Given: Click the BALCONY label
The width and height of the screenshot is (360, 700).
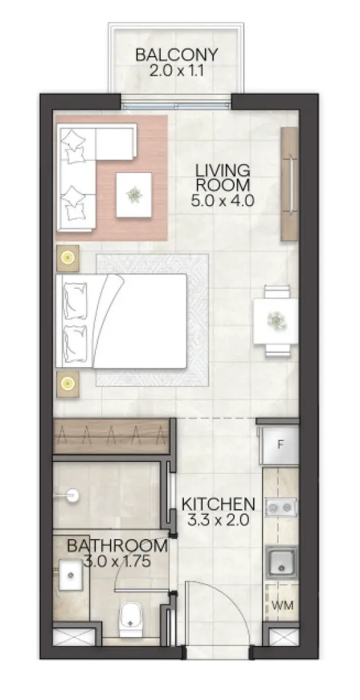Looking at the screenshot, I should pos(176,54).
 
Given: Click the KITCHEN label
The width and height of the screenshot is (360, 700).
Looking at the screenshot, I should pos(218,504).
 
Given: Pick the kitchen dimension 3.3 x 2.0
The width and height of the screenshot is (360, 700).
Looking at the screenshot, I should pos(218,519).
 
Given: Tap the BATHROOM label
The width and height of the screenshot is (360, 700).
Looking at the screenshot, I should pos(118,546).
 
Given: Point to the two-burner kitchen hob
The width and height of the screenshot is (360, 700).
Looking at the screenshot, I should pos(280,507).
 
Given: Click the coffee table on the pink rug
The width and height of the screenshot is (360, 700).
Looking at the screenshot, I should pos(134,194).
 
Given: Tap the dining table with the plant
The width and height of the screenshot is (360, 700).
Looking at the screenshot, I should pos(275,319).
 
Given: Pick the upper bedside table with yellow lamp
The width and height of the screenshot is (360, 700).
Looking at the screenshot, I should pos(67,258).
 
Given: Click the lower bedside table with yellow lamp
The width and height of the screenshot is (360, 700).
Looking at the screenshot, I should pos(67,383).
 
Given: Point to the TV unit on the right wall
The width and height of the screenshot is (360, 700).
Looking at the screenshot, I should pos(289,183).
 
